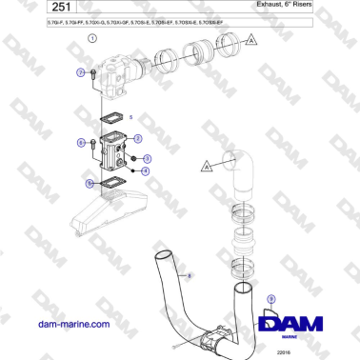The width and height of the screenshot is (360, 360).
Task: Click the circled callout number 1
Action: point(91,38)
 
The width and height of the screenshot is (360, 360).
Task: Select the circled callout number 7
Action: point(79,71)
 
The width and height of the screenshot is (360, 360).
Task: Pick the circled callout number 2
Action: point(139,138)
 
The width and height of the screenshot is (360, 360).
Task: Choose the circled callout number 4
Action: point(145,171)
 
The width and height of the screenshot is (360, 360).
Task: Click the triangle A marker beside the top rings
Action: point(250,39)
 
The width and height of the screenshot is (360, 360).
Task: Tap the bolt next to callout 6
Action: point(92,144)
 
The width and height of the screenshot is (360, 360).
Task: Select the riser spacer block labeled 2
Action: point(116,152)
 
